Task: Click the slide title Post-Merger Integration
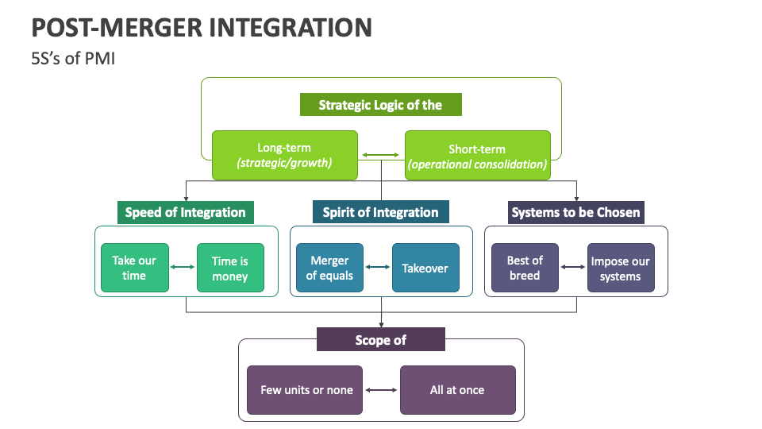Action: click(202, 27)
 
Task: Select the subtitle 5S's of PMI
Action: click(73, 59)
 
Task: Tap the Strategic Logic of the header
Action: click(380, 105)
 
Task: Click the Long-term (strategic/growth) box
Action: click(284, 156)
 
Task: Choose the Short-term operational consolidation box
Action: click(477, 156)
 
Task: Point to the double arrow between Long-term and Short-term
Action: click(381, 156)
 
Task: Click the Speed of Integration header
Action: click(186, 212)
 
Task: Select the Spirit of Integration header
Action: click(380, 212)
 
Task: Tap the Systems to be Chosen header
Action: click(575, 212)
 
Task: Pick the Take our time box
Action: click(134, 268)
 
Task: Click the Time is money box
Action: click(230, 268)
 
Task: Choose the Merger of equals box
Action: click(329, 268)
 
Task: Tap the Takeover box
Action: click(425, 268)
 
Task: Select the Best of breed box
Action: click(525, 268)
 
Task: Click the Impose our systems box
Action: click(621, 268)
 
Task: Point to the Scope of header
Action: click(380, 339)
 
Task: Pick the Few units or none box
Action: click(305, 390)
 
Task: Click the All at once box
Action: click(457, 390)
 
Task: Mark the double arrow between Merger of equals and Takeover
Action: click(378, 268)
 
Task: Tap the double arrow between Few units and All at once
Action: click(381, 390)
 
